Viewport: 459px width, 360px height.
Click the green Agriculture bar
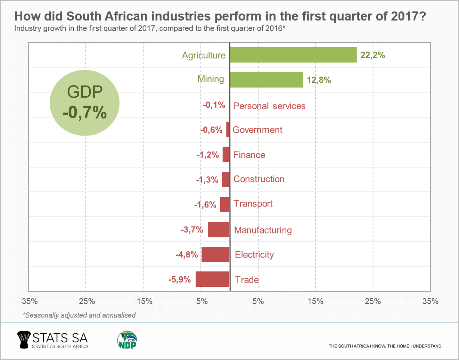[x=293, y=55]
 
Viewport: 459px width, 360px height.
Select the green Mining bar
[x=266, y=80]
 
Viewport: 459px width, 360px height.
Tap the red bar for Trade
[x=213, y=279]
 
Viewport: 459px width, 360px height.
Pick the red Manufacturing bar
[x=219, y=230]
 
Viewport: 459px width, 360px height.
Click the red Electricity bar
[x=215, y=254]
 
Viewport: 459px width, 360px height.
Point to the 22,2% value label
[x=372, y=55]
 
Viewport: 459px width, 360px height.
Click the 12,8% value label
[x=319, y=80]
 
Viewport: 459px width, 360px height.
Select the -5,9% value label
[x=180, y=279]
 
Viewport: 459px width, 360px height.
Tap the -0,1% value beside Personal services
[x=214, y=105]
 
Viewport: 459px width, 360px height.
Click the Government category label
[x=257, y=130]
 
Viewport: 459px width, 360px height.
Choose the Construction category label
[x=259, y=179]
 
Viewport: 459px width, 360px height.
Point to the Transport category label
[x=253, y=204]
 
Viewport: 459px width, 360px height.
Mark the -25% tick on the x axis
[x=86, y=301]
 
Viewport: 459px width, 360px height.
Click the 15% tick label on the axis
[x=315, y=301]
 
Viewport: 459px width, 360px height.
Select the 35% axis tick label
[x=430, y=301]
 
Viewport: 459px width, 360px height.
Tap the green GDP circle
[x=85, y=103]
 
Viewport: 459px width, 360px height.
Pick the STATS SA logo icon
[x=24, y=339]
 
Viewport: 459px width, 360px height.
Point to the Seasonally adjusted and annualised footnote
[x=79, y=315]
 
